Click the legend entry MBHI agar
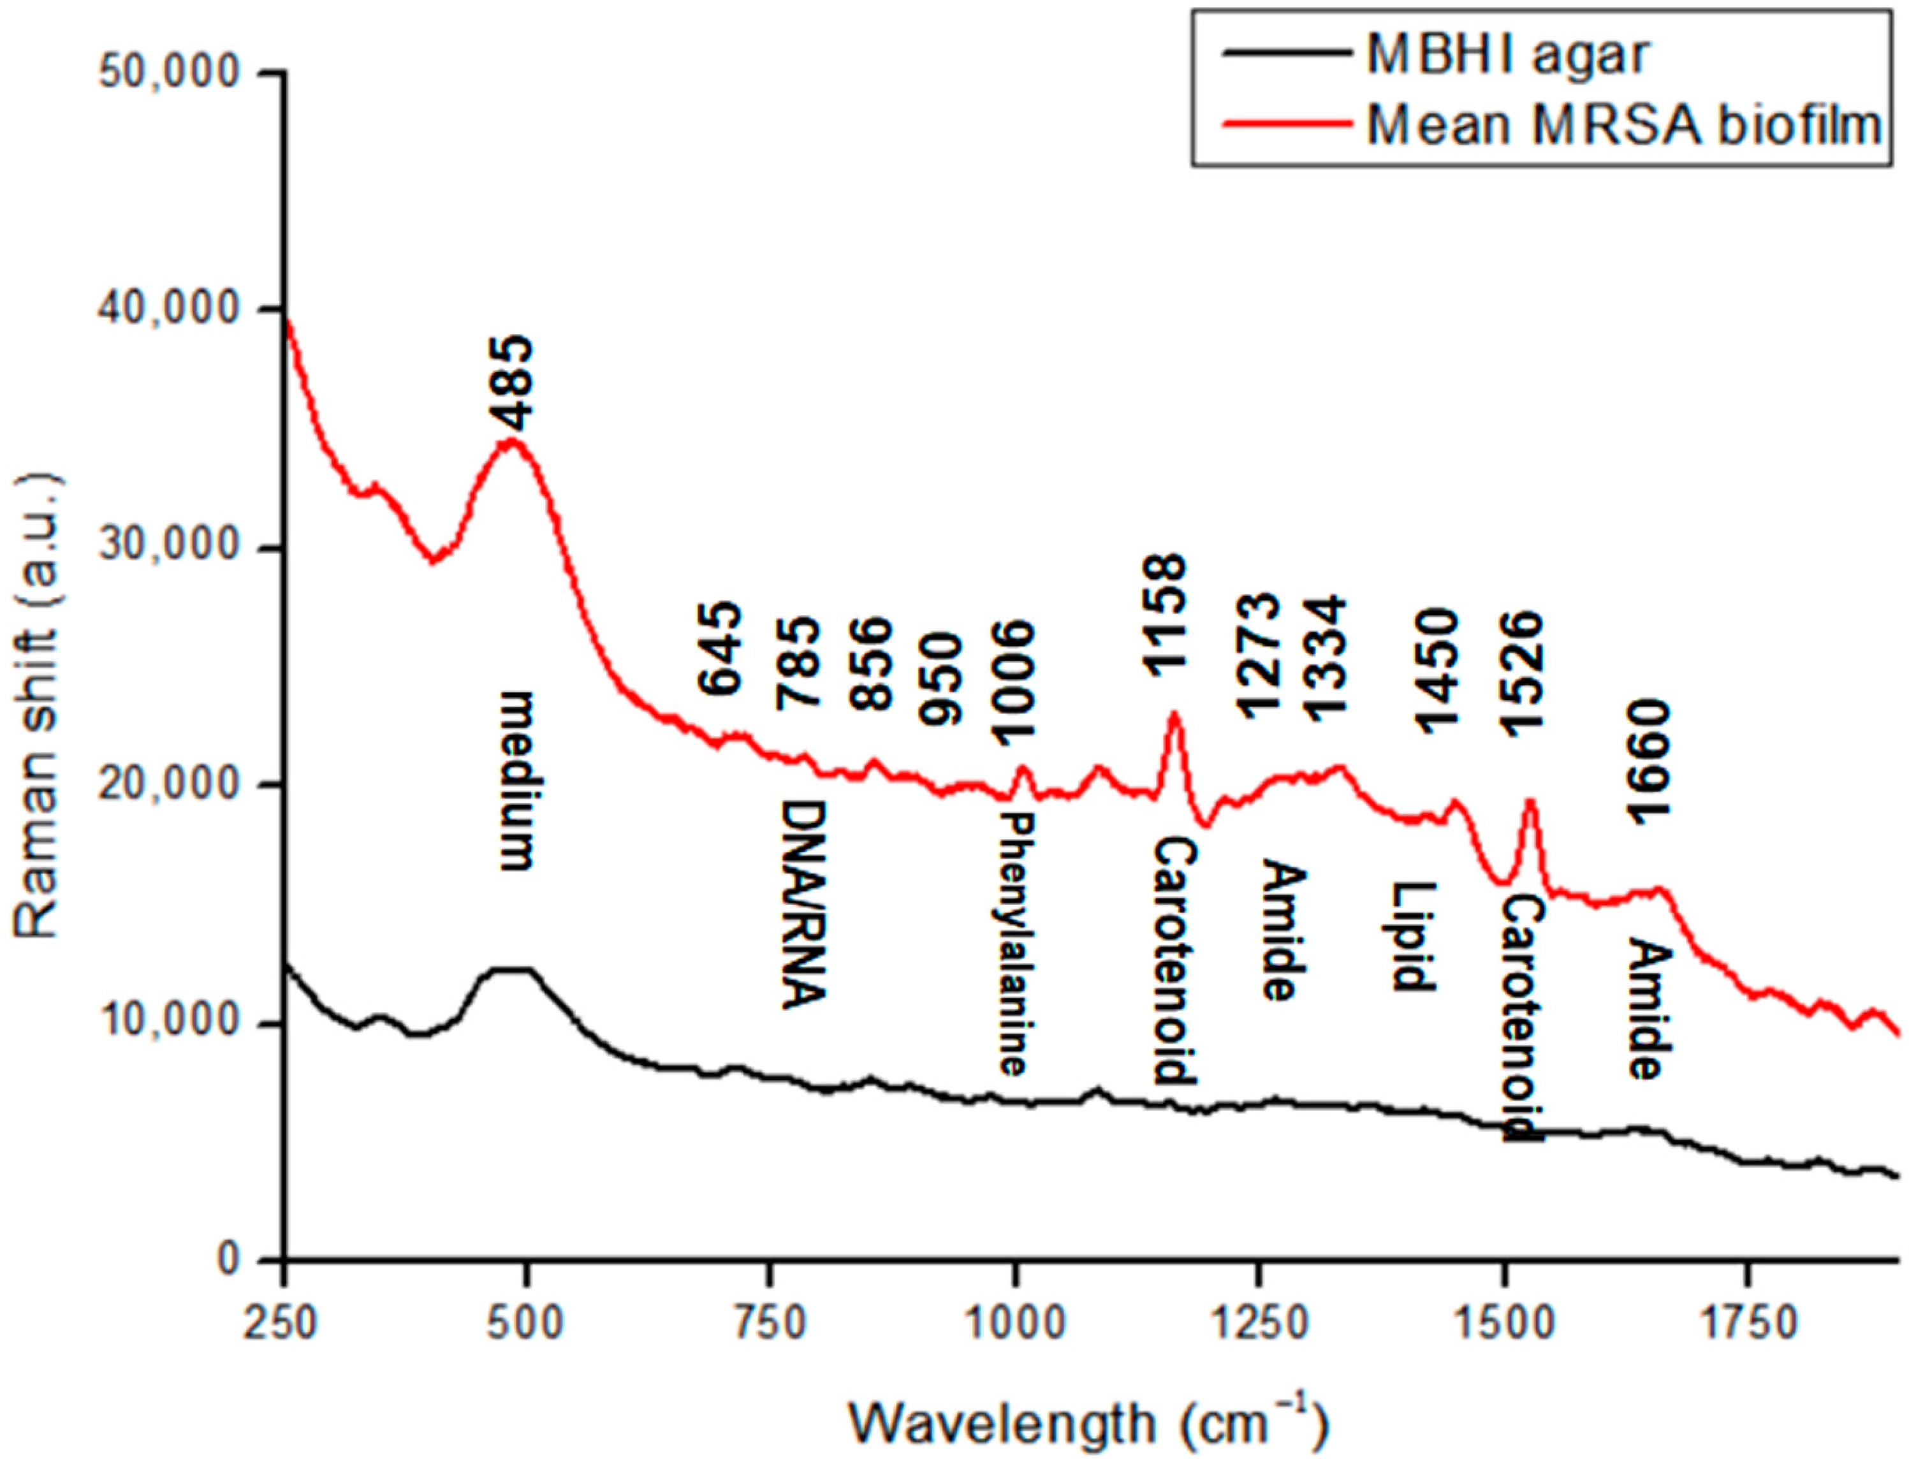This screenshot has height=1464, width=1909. point(1507,55)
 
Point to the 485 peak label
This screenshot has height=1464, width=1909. point(514,384)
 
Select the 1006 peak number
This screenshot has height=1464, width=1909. point(1015,684)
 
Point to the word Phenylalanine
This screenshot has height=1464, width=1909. point(1013,944)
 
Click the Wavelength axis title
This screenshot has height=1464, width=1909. point(1089,1423)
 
